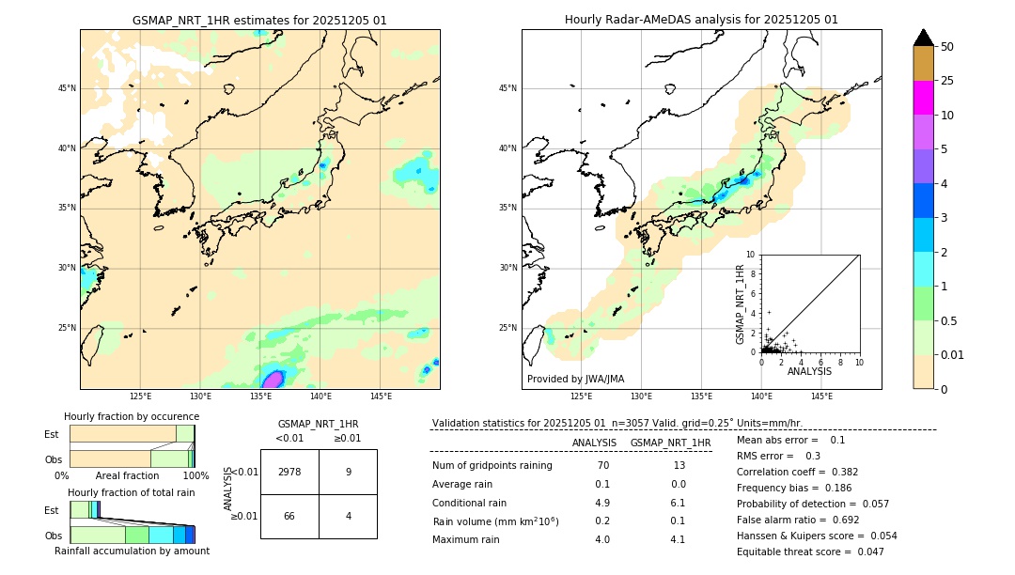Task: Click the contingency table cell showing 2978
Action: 289,473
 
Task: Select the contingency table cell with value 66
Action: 289,517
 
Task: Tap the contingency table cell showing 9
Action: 348,473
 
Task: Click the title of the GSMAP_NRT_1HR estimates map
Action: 259,20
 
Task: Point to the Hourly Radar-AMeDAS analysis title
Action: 701,20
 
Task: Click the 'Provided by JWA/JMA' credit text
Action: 575,380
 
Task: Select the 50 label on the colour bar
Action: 947,47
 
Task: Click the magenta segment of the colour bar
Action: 923,98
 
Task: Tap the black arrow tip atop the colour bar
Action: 923,37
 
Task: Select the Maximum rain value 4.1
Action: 678,540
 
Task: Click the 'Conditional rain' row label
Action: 471,503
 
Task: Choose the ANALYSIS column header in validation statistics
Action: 594,443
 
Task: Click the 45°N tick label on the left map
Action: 67,88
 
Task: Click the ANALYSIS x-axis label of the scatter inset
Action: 809,371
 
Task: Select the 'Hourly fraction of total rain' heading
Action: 132,492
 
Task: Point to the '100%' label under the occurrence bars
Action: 195,476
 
